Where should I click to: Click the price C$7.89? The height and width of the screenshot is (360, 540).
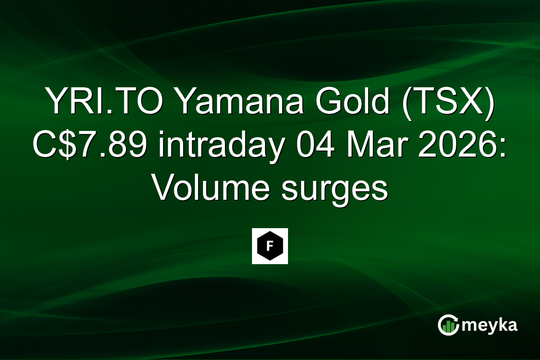pyautogui.click(x=88, y=146)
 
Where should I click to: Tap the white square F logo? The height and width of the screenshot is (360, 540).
pyautogui.click(x=270, y=246)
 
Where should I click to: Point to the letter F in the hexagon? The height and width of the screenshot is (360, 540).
pyautogui.click(x=270, y=246)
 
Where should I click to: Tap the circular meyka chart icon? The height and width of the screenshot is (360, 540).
pyautogui.click(x=449, y=325)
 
